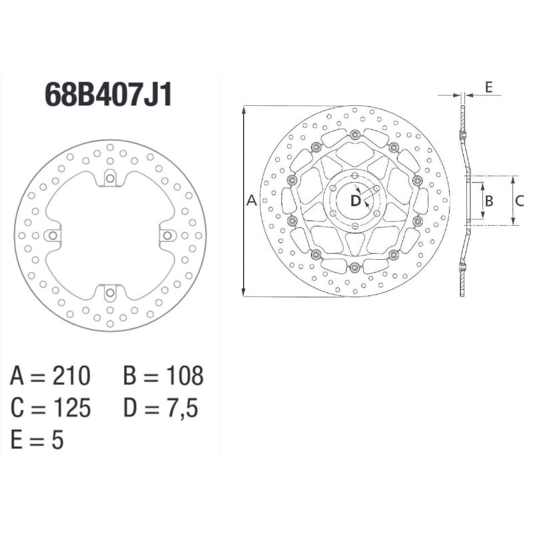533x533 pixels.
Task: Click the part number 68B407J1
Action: [x=109, y=95]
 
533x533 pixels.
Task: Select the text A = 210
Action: [x=50, y=377]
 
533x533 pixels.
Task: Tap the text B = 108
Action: [x=163, y=377]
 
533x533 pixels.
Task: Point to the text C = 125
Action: [x=50, y=408]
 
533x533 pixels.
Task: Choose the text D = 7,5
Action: [x=161, y=408]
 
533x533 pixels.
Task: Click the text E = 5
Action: [x=37, y=440]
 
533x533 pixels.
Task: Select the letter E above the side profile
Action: [x=488, y=87]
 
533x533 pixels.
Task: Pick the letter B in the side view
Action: [x=488, y=201]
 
